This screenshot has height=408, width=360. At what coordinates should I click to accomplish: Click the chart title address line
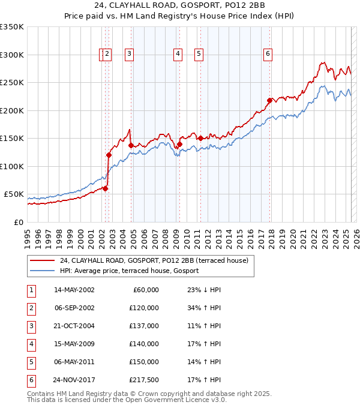pyautogui.click(x=180, y=7)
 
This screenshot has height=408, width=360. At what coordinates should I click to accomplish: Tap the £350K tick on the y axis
pyautogui.click(x=12, y=27)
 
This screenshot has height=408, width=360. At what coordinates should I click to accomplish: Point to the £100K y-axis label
pyautogui.click(x=12, y=166)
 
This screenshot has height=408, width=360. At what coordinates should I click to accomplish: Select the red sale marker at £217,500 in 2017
pyautogui.click(x=269, y=100)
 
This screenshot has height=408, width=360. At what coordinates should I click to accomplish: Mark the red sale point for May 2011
pyautogui.click(x=200, y=138)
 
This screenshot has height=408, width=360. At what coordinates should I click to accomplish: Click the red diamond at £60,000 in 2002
pyautogui.click(x=105, y=188)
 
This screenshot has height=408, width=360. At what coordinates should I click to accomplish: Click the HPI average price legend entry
pyautogui.click(x=128, y=271)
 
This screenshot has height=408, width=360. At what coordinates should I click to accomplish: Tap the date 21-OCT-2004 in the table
pyautogui.click(x=74, y=325)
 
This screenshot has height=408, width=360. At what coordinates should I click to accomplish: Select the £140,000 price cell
pyautogui.click(x=144, y=344)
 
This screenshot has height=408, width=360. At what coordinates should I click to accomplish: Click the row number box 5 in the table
pyautogui.click(x=30, y=362)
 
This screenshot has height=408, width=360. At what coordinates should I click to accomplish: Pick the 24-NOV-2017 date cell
pyautogui.click(x=74, y=380)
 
